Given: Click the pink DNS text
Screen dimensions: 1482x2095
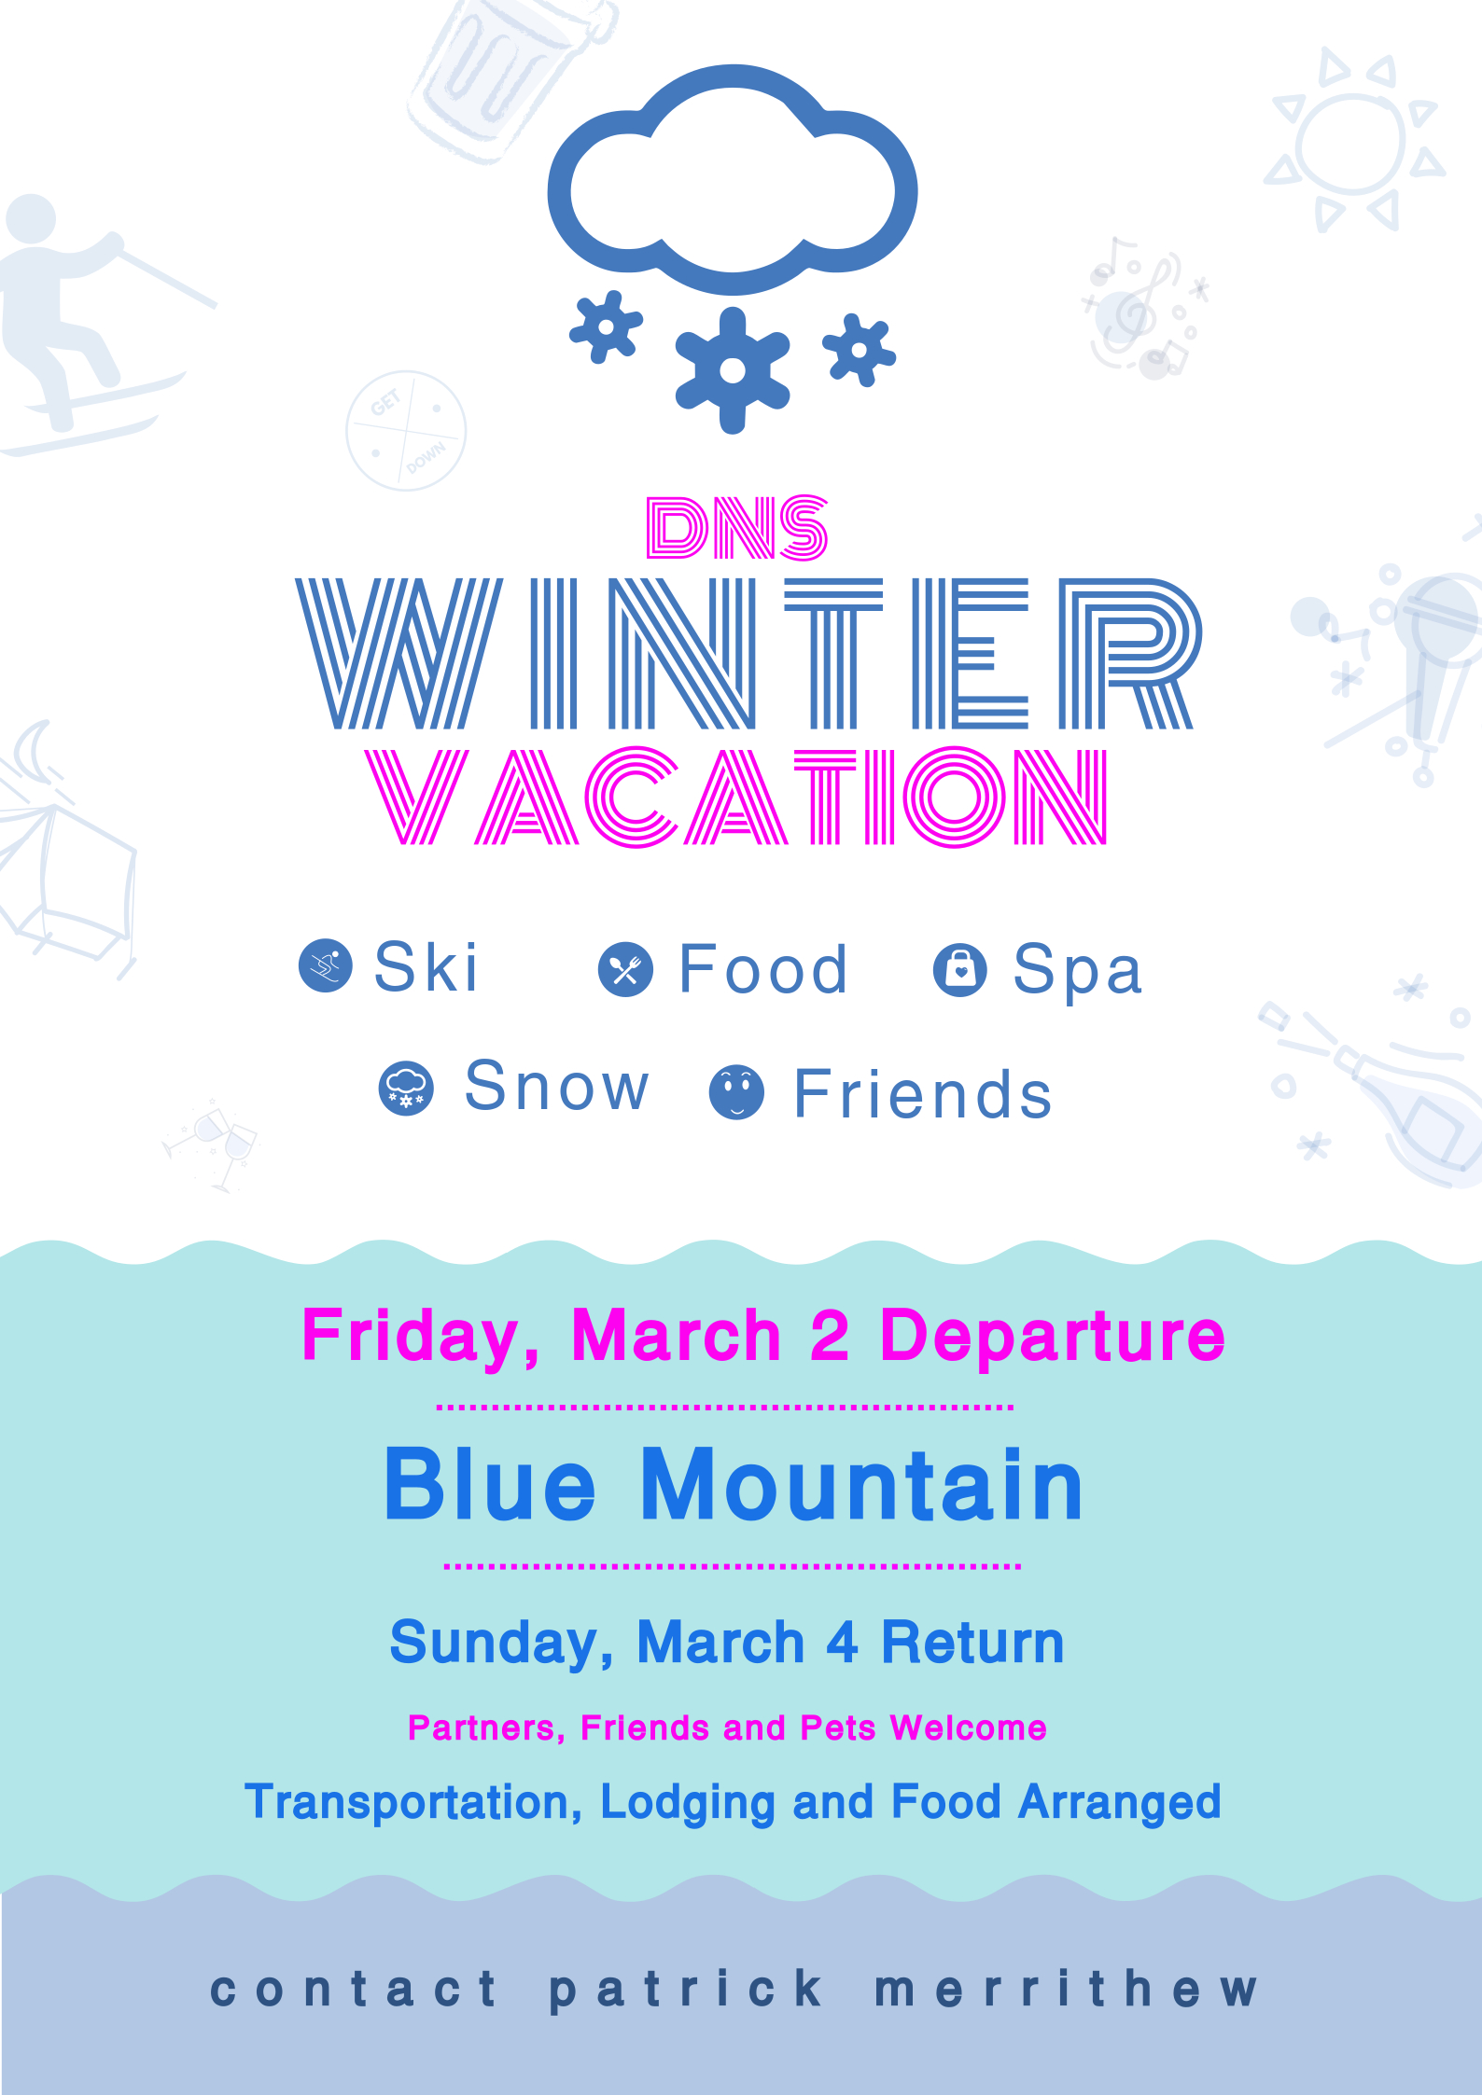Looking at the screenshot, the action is click(736, 528).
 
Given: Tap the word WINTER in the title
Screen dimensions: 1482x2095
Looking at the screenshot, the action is click(748, 653).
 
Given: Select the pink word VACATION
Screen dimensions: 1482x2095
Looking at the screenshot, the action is click(736, 797).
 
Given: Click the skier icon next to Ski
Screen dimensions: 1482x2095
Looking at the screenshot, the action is click(326, 965).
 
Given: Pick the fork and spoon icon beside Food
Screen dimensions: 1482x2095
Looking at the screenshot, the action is click(625, 970).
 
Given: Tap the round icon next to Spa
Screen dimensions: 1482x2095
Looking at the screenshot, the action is click(960, 970).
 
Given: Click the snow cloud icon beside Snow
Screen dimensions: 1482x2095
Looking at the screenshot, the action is click(406, 1089).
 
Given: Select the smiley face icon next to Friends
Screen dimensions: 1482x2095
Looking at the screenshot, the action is click(737, 1092).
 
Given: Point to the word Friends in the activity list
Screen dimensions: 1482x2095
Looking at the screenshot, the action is click(922, 1093).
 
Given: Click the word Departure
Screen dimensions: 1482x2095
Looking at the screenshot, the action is click(1052, 1337).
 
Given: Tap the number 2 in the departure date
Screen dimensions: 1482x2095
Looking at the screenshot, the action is click(830, 1335).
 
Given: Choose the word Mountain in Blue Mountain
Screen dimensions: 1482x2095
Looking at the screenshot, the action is click(861, 1485).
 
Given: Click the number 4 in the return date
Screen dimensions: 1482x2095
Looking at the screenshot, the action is click(842, 1643).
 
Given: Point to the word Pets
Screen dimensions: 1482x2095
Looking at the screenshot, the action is click(838, 1728).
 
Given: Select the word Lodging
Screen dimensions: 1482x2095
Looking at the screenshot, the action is click(687, 1803).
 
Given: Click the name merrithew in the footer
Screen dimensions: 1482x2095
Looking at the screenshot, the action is click(1066, 1989).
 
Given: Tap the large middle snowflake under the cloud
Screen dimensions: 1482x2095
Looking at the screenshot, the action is click(733, 370).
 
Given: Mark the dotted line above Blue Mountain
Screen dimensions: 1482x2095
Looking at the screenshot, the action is click(724, 1407).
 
